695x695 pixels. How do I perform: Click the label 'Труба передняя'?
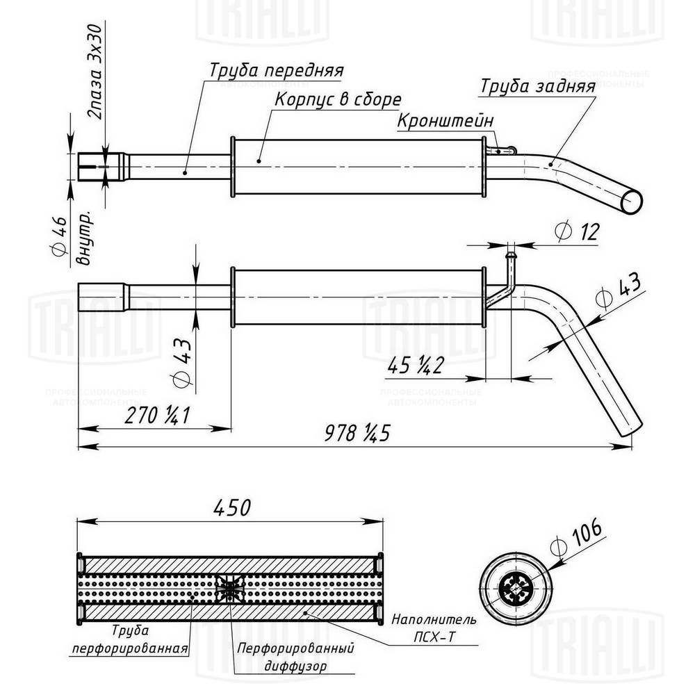tap(277, 71)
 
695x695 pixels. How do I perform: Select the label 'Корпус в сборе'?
tap(337, 99)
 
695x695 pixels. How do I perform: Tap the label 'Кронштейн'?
tap(445, 121)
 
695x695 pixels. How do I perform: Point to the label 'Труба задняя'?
tap(537, 86)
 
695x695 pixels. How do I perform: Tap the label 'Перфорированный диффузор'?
tap(295, 656)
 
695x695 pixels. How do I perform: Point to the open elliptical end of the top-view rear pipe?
tap(632, 201)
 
